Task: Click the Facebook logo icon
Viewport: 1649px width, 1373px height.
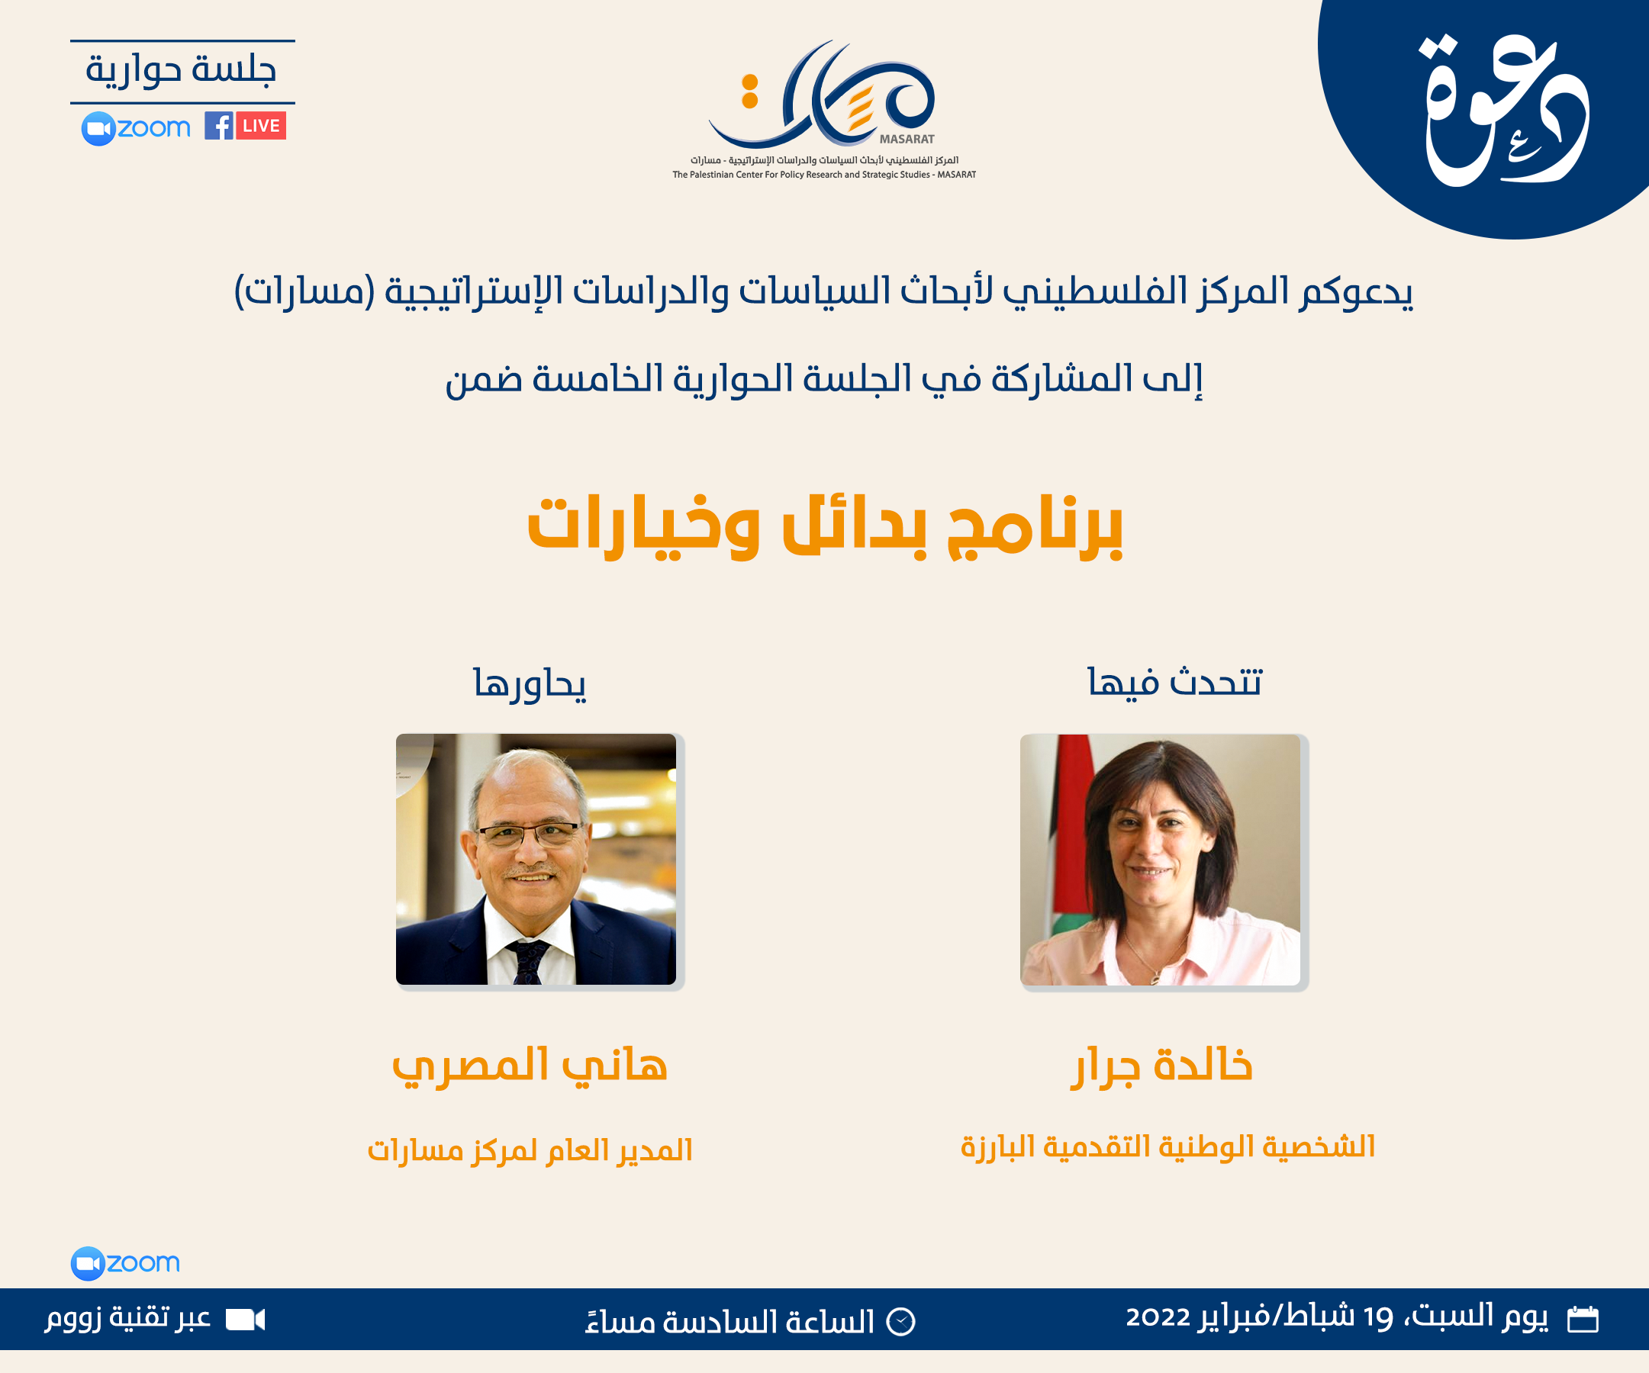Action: click(218, 126)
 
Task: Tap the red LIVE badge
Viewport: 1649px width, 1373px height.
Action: click(261, 126)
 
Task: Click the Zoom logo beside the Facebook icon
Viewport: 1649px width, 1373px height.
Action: click(136, 128)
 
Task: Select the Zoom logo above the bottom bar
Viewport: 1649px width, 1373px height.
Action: click(126, 1263)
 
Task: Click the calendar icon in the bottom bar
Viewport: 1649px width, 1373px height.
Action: click(1583, 1319)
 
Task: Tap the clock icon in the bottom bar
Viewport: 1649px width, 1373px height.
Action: click(900, 1322)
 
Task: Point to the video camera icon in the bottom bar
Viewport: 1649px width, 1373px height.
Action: click(245, 1320)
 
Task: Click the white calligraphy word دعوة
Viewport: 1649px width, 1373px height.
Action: click(1504, 110)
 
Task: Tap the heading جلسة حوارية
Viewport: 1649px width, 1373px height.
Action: click(182, 70)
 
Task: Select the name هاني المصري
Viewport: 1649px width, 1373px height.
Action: click(530, 1066)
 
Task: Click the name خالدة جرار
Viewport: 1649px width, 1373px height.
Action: click(1163, 1066)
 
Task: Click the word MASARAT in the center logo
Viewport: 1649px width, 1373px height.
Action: click(907, 140)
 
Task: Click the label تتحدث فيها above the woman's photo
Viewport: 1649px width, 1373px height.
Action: click(1174, 682)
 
